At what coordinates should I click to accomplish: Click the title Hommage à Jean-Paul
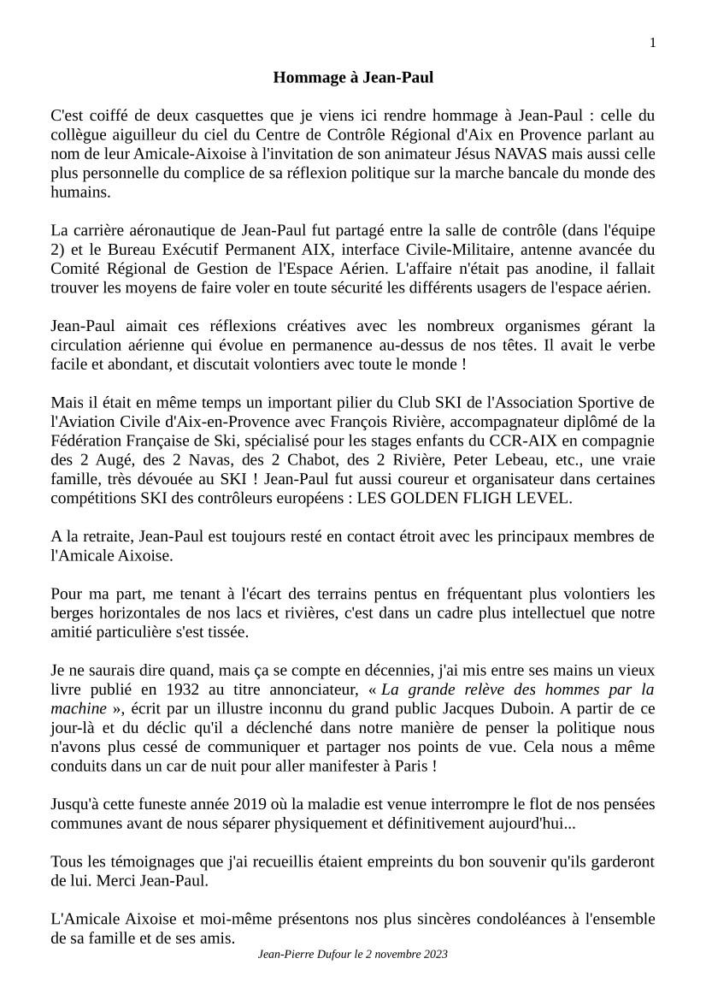[x=353, y=78]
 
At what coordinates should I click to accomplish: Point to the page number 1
[x=653, y=44]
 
